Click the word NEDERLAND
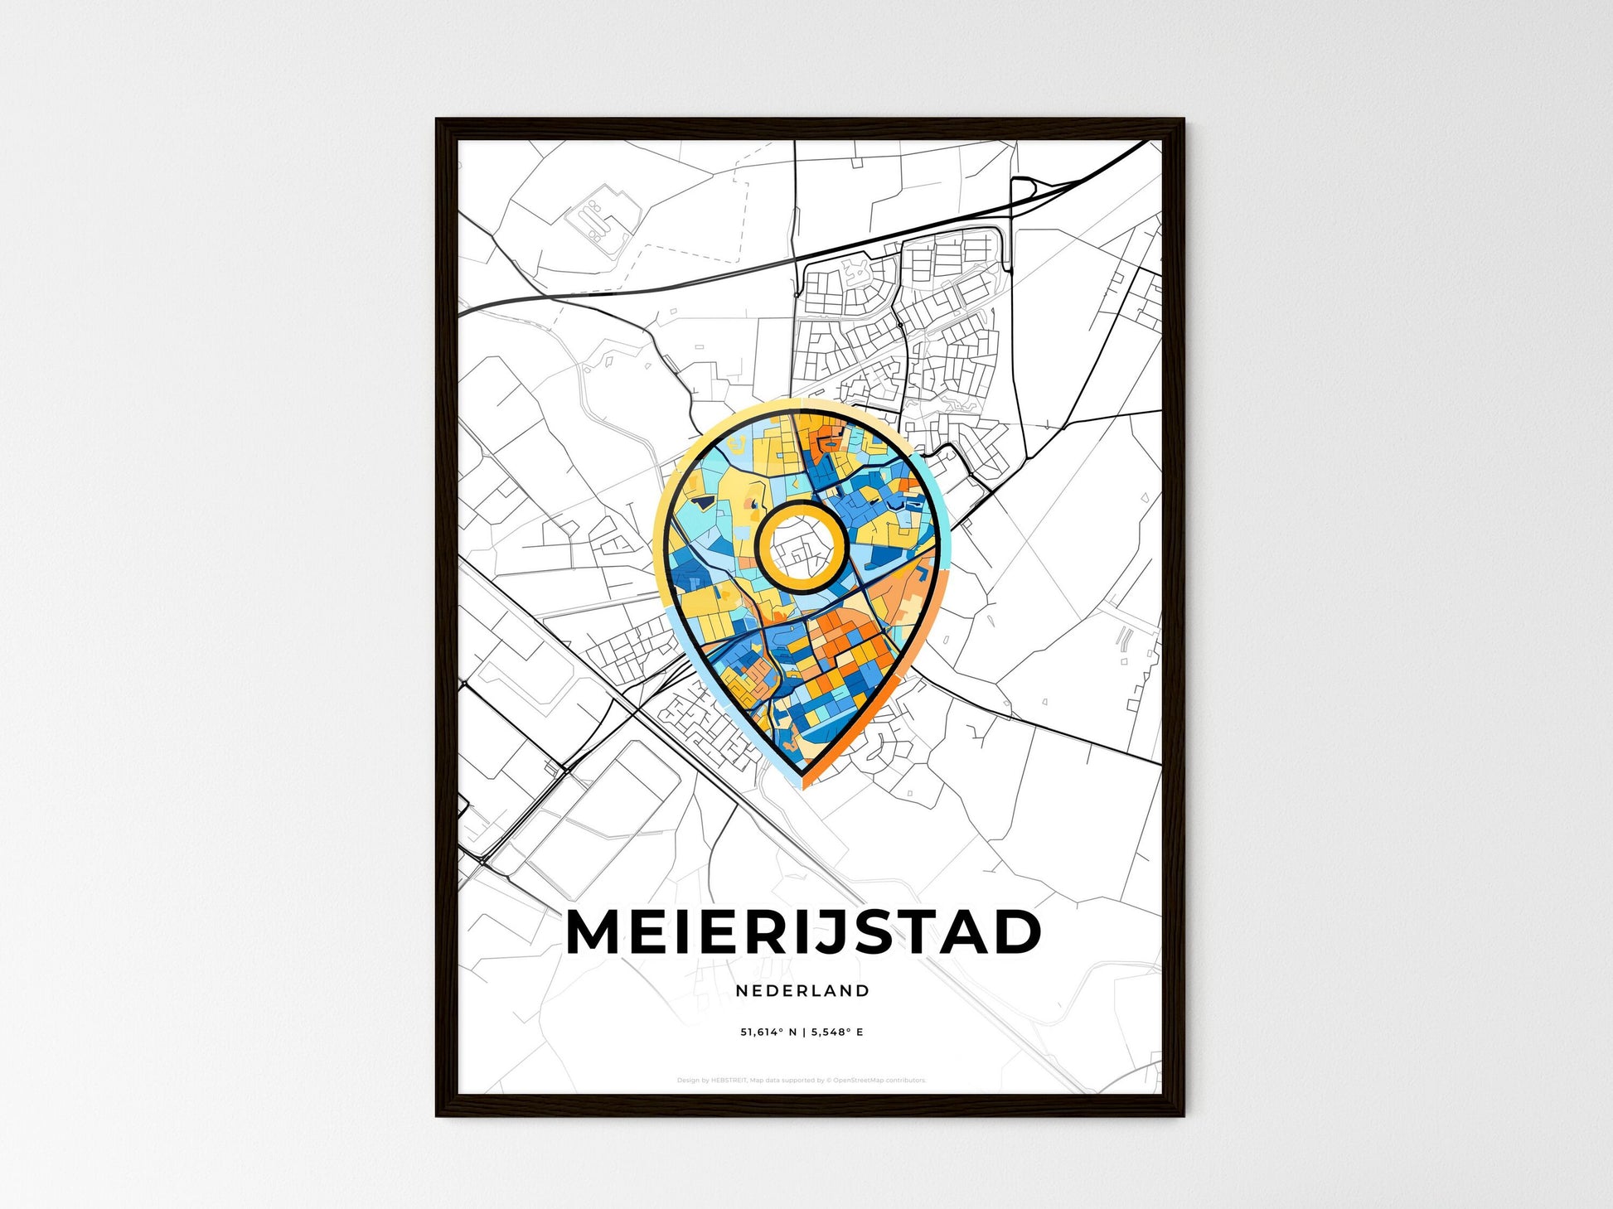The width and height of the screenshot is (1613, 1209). point(802,990)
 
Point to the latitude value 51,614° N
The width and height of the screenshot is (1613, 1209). point(768,1032)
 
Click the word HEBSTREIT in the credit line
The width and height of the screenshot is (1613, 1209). point(729,1081)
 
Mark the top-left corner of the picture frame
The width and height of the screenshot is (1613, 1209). point(438,121)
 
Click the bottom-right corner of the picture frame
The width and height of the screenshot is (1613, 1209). point(1183,1115)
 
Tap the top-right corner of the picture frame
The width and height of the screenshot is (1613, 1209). point(1183,121)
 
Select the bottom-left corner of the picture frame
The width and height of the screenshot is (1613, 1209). point(438,1115)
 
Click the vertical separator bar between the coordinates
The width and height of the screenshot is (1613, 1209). point(802,1032)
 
